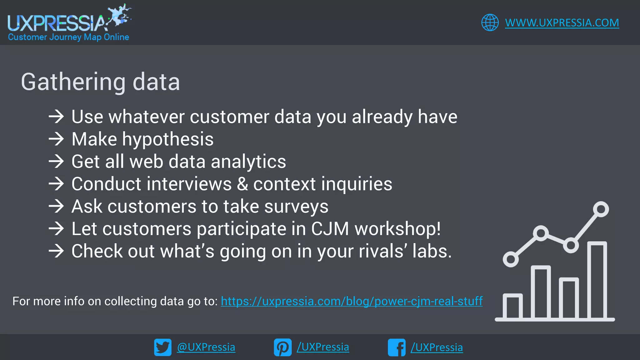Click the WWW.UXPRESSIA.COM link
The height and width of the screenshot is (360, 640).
point(562,23)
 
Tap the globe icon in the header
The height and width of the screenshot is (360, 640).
point(490,22)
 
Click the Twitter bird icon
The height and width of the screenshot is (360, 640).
point(162,347)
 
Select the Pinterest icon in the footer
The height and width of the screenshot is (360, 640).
point(282,347)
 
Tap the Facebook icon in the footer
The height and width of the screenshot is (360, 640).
point(397,347)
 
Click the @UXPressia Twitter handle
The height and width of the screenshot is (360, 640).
point(206,347)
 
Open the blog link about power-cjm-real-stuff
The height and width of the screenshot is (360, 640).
point(352,301)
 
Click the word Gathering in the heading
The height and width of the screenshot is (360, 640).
point(73,82)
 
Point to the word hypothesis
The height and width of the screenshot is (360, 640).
point(168,139)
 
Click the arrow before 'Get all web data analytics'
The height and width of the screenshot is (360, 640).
point(56,162)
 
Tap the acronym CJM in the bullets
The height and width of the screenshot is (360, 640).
point(330,229)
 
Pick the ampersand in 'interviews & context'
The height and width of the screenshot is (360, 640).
point(242,184)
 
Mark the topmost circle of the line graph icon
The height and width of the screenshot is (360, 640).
point(601,209)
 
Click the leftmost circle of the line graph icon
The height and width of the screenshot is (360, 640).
point(511,259)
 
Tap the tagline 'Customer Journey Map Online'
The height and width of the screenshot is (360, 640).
point(68,37)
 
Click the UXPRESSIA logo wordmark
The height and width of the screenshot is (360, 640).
point(56,23)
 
